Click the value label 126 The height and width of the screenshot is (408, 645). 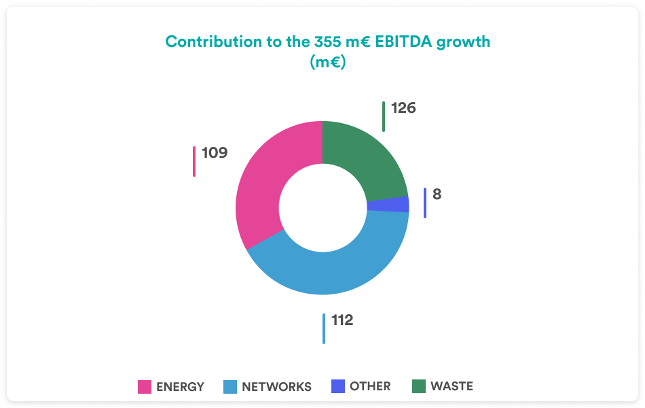click(403, 108)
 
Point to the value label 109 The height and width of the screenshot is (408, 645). click(215, 152)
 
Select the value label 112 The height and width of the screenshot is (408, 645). click(342, 320)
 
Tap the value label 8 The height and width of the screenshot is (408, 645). click(437, 194)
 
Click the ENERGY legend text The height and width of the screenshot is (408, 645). click(180, 387)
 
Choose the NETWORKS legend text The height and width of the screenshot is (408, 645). click(276, 387)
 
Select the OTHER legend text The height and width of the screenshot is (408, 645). click(370, 386)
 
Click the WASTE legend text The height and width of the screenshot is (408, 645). click(451, 386)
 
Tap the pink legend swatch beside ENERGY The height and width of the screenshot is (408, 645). click(145, 387)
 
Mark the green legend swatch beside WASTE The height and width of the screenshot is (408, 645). click(419, 386)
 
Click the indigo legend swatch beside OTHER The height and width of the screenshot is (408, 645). click(338, 386)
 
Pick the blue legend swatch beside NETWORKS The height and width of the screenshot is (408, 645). click(230, 387)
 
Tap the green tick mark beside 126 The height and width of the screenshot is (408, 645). click(384, 116)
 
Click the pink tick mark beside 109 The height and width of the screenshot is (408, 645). click(194, 161)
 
